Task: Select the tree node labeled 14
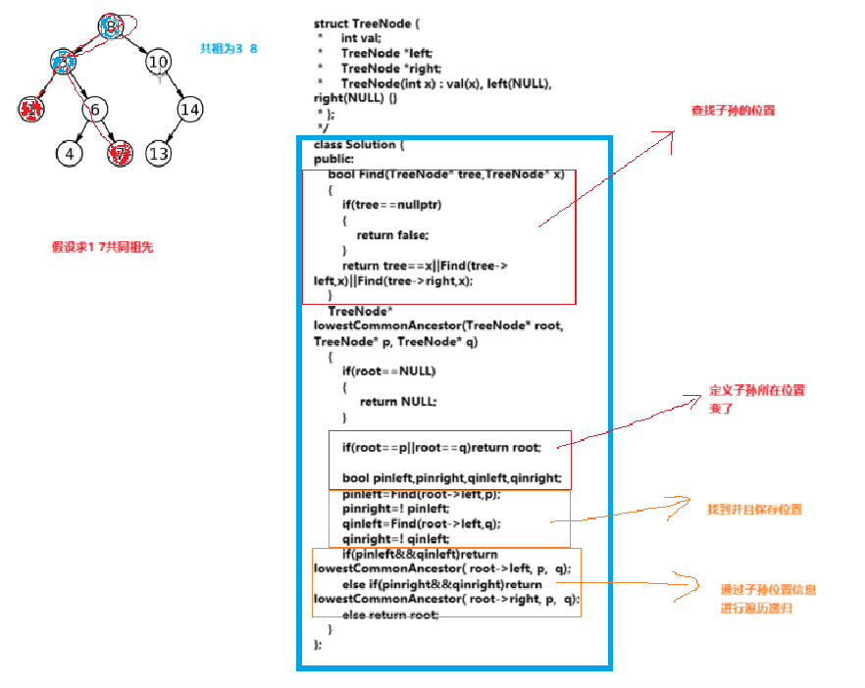[x=189, y=109]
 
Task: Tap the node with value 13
[x=158, y=154]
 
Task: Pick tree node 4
[x=69, y=154]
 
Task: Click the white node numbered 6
[x=96, y=109]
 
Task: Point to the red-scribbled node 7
[x=121, y=154]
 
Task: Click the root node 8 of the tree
[x=112, y=25]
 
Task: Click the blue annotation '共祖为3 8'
[x=229, y=48]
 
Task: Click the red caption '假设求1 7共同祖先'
[x=102, y=248]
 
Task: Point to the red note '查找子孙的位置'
[x=732, y=111]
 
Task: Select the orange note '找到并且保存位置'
[x=755, y=510]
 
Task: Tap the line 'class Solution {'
[x=360, y=145]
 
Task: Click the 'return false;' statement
[x=392, y=234]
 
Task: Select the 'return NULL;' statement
[x=397, y=401]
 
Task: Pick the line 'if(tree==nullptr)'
[x=391, y=205]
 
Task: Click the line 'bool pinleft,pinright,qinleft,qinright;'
[x=452, y=477]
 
